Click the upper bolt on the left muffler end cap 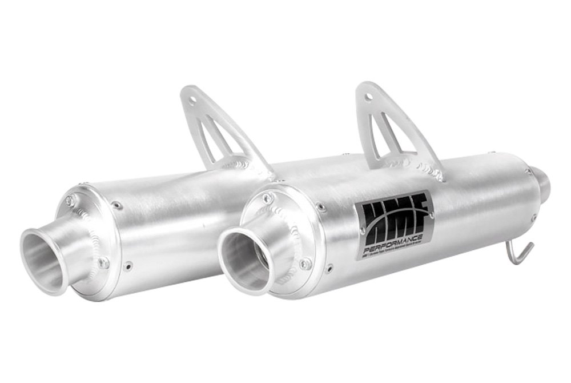(70, 200)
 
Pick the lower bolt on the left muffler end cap (103, 262)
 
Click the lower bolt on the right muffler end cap (305, 264)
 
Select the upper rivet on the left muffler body (117, 204)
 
